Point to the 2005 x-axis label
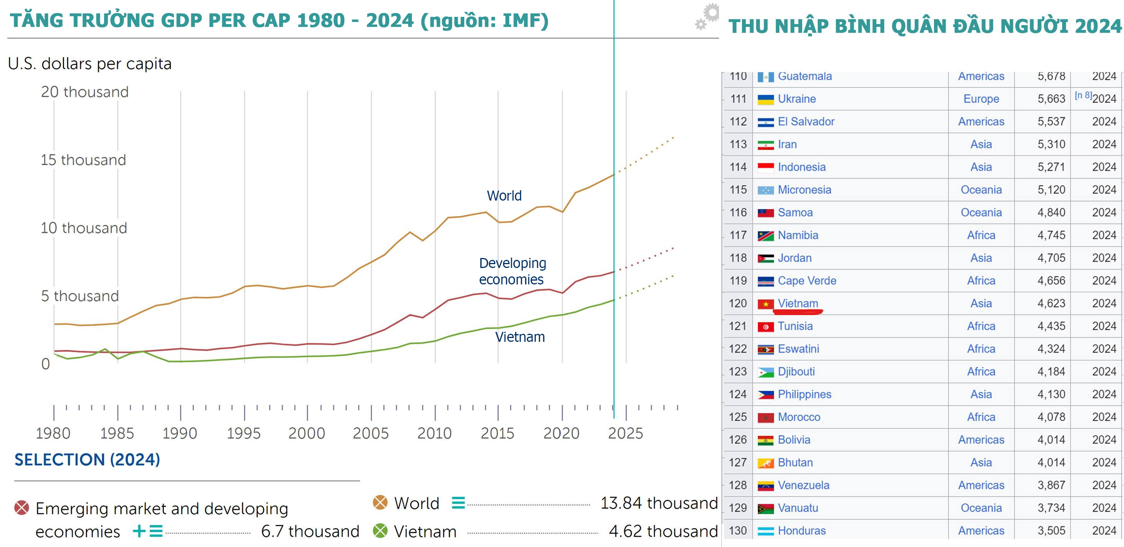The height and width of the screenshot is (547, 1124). point(370,433)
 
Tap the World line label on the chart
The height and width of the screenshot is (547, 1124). point(504,196)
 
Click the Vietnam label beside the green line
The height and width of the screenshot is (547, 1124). point(520,337)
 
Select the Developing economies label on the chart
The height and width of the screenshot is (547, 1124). point(512,271)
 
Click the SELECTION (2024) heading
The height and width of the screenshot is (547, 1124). point(87,459)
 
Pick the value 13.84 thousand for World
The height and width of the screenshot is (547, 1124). point(659,503)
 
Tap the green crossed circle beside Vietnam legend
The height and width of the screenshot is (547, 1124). point(380,531)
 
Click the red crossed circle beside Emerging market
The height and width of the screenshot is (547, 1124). point(21,508)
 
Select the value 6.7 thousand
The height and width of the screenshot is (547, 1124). point(310,531)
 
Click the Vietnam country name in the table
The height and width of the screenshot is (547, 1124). point(798,303)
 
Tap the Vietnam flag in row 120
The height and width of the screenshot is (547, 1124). point(765,304)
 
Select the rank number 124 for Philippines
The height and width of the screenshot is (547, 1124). point(737,394)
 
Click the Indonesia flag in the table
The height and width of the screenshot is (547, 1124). point(765,167)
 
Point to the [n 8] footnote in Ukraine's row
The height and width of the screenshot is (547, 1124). point(1083,95)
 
